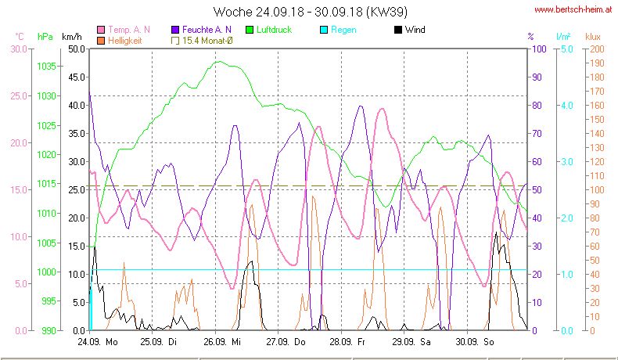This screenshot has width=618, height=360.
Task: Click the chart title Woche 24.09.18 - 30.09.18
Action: [309, 12]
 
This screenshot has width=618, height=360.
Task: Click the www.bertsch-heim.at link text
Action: [572, 10]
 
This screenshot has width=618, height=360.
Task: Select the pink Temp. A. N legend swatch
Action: [102, 30]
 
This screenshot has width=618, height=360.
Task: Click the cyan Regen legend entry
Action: [343, 30]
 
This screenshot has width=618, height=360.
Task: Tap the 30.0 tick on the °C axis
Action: [17, 49]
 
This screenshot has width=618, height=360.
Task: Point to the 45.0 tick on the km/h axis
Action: [76, 77]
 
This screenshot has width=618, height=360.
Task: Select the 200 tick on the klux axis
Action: [595, 49]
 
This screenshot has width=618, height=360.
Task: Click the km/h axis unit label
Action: [71, 37]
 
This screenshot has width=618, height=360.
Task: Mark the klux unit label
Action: [594, 37]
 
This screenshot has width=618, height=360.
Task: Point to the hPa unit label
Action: [45, 37]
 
